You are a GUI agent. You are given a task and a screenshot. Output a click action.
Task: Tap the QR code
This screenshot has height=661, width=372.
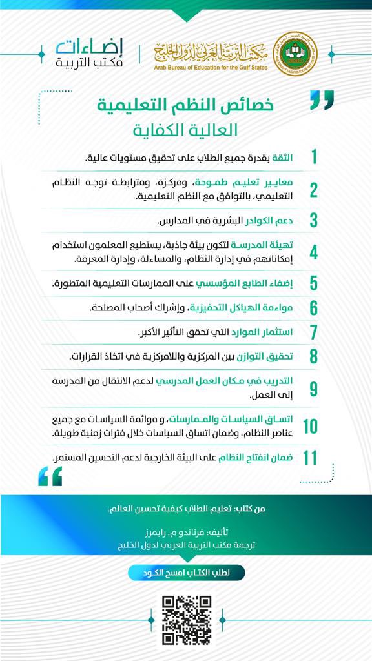186,619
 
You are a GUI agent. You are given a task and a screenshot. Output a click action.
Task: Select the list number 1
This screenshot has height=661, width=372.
314,158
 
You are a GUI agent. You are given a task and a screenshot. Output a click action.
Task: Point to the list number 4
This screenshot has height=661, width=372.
313,252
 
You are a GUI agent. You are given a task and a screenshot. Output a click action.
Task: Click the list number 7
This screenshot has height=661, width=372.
314,332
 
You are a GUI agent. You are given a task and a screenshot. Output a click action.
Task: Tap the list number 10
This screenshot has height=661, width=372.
310,426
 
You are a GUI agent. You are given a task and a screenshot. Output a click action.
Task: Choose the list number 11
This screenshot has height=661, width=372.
310,458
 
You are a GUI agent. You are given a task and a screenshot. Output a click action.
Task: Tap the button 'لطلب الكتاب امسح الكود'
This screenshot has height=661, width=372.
186,572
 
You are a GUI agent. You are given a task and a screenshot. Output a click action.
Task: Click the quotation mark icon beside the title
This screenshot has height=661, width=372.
322,100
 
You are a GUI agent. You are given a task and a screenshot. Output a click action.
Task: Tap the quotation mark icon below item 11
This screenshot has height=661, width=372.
50,476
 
